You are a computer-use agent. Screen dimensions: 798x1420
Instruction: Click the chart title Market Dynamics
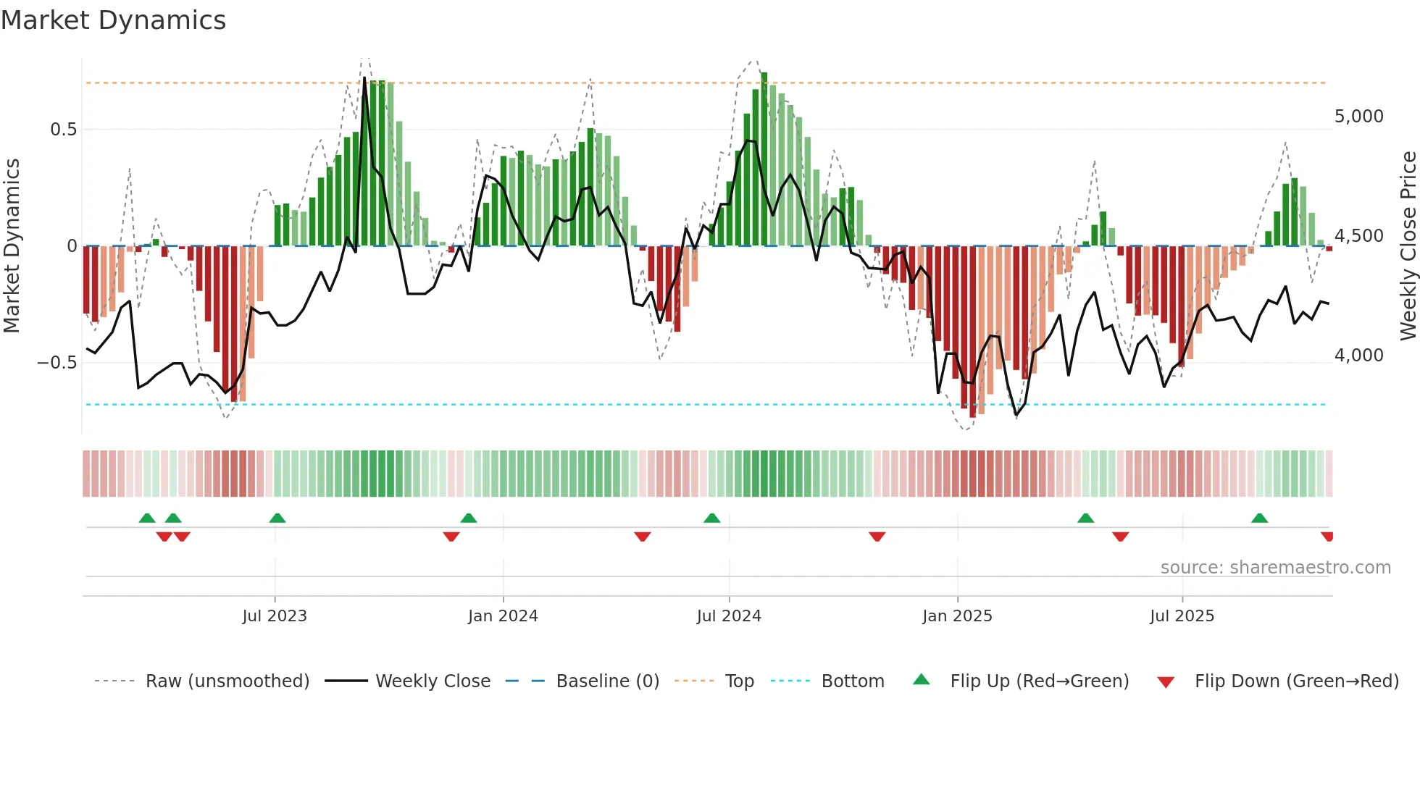click(113, 20)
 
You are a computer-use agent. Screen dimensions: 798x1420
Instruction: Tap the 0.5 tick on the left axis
click(63, 130)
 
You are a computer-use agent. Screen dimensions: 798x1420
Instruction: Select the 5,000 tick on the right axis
click(1358, 117)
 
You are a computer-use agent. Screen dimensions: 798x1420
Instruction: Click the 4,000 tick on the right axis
click(1358, 356)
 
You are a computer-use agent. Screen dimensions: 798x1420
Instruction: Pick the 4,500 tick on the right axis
click(1358, 236)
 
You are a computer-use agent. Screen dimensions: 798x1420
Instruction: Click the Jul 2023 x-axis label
click(275, 616)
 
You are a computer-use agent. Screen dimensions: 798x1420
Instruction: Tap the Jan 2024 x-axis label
click(503, 616)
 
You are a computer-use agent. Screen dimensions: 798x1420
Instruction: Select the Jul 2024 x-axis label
click(729, 616)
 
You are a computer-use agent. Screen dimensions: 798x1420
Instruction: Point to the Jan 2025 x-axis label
click(957, 616)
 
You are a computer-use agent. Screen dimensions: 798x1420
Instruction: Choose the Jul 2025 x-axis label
click(1182, 616)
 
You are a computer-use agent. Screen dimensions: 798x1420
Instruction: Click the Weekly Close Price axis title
click(1408, 245)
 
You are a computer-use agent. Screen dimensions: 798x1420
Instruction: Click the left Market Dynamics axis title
click(12, 245)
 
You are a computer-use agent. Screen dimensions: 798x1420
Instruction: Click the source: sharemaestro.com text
click(1275, 568)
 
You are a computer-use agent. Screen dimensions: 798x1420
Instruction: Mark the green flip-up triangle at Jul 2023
click(277, 518)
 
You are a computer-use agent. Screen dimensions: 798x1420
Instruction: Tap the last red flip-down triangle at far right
click(1327, 537)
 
